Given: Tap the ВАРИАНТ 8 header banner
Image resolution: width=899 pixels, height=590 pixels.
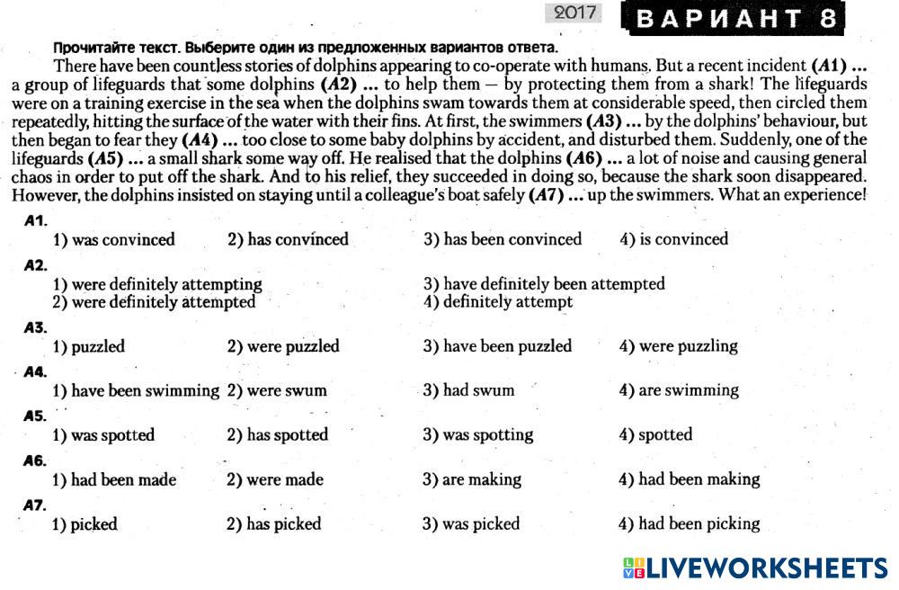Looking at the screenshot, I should (738, 18).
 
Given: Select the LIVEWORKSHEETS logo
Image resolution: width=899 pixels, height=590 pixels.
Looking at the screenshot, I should (754, 568).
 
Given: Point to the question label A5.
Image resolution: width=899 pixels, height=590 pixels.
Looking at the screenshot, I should (35, 416).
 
